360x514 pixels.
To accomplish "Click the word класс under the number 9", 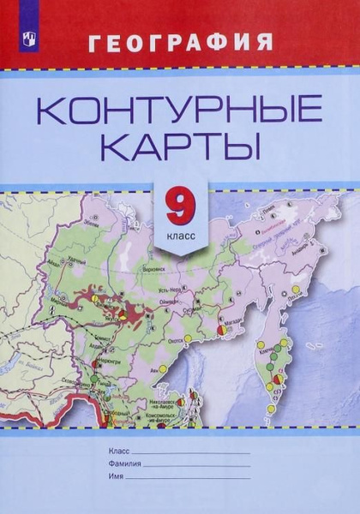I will pyautogui.click(x=179, y=232).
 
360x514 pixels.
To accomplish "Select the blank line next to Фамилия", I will pyautogui.click(x=196, y=463).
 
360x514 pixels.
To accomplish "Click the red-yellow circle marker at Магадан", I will pyautogui.click(x=222, y=328).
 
